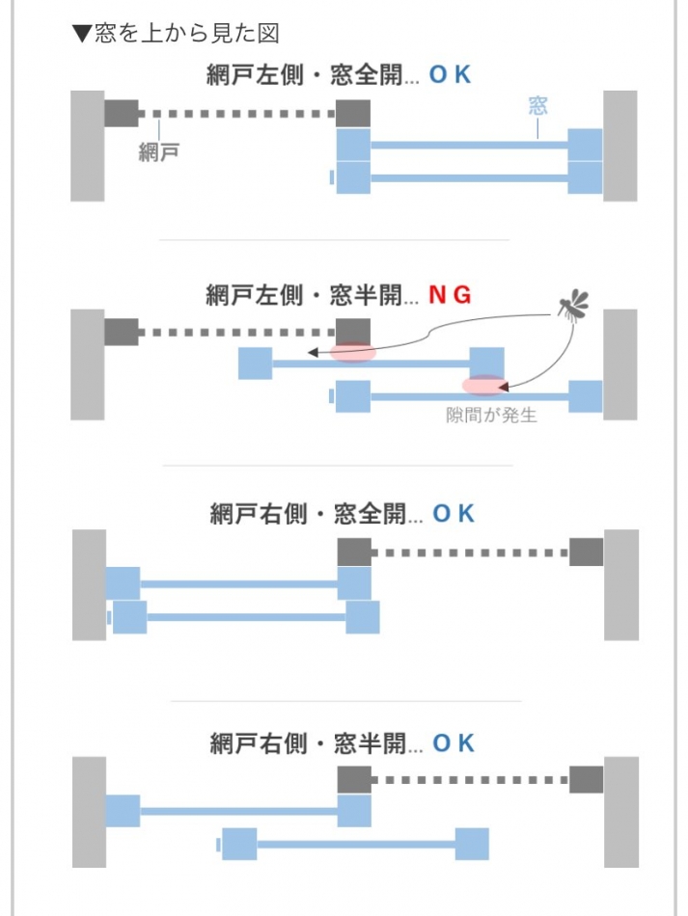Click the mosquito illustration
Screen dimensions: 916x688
(573, 305)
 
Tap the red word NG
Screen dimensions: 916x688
(450, 295)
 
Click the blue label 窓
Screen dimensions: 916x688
(537, 105)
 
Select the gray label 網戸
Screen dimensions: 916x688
(159, 151)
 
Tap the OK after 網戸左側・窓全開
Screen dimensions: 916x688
(450, 74)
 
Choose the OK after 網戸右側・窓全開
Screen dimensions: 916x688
(454, 514)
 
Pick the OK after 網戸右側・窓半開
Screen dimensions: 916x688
(454, 743)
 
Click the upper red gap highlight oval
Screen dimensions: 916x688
(352, 353)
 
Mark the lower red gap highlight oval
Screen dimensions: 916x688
(483, 386)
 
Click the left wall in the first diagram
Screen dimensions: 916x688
(87, 146)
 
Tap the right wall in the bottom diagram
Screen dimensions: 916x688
(621, 812)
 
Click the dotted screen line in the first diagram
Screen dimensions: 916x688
(236, 114)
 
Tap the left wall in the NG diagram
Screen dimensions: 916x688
(87, 364)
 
